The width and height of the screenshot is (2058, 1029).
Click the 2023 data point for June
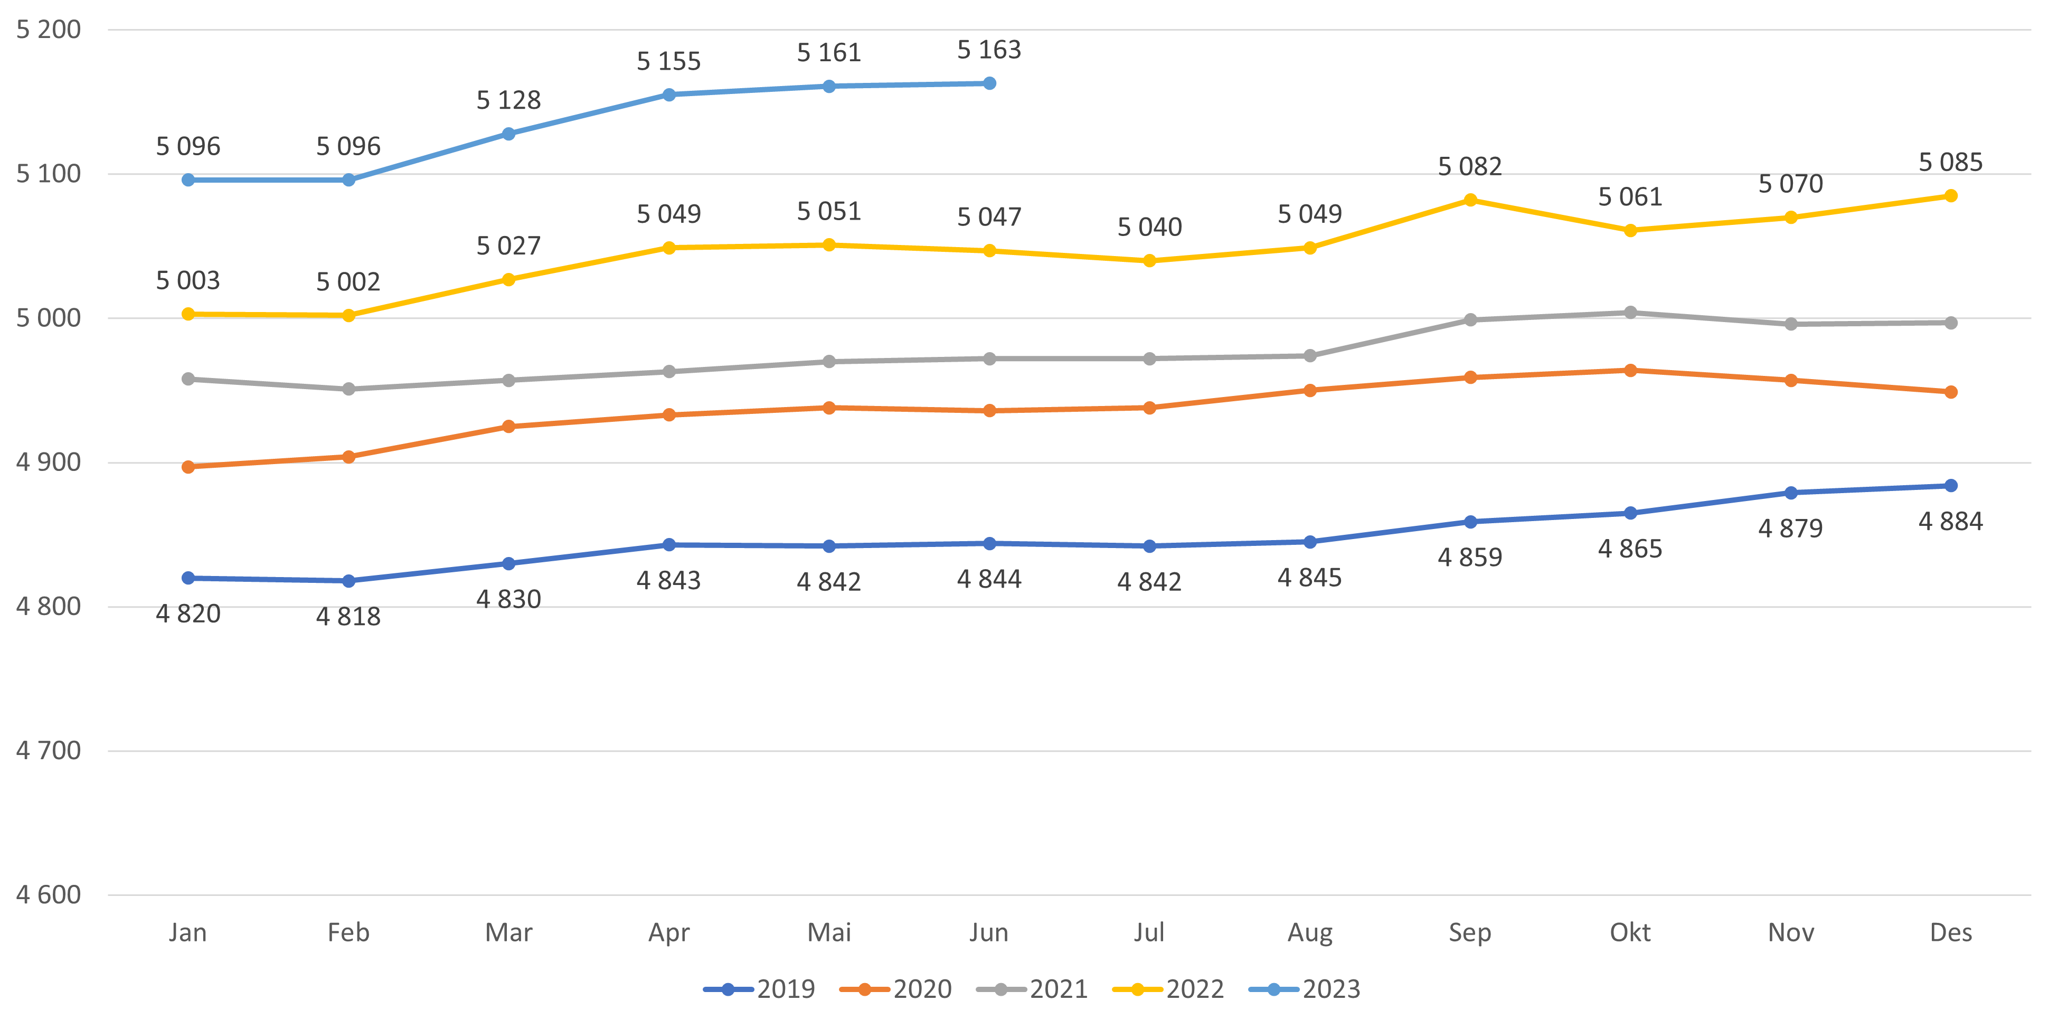[989, 83]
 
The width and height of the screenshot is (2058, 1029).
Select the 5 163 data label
[989, 50]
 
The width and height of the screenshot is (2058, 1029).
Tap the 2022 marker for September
[1470, 200]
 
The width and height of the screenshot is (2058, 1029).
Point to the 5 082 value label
[1470, 166]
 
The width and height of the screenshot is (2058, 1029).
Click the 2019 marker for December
[1950, 486]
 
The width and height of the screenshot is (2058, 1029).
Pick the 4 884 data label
[1950, 522]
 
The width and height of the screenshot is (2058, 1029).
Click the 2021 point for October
[1630, 313]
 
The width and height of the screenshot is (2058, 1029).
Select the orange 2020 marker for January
[188, 467]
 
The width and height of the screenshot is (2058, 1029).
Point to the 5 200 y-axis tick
[49, 30]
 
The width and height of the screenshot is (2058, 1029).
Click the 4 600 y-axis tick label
[49, 895]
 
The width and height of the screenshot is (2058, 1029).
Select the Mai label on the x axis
[829, 932]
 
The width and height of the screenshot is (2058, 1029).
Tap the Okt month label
[1630, 932]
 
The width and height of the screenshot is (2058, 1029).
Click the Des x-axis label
[1950, 932]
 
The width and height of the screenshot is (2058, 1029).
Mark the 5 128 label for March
[509, 101]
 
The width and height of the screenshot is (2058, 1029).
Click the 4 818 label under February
[348, 617]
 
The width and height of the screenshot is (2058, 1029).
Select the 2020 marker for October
[1630, 371]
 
